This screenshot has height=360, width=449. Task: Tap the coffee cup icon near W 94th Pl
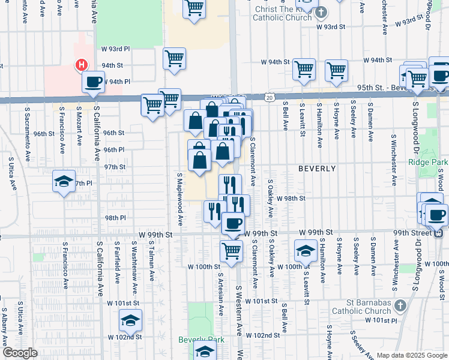93,82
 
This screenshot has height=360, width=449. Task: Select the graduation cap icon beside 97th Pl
64,181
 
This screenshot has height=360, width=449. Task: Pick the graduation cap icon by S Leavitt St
306,250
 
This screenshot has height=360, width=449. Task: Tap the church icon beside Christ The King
321,12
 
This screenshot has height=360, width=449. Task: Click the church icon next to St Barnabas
401,305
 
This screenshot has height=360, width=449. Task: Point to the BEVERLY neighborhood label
317,169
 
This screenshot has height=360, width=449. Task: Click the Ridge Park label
427,162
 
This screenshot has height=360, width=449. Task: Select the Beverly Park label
201,340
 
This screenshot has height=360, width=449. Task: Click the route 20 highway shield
268,97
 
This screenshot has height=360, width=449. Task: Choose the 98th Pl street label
115,218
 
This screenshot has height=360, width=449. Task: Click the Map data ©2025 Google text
412,355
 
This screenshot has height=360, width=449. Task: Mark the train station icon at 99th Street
439,233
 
